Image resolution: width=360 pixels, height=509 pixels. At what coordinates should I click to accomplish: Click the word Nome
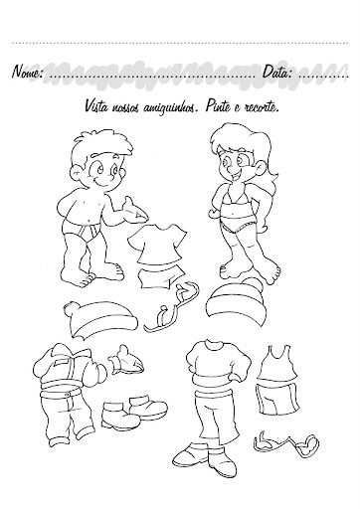point(27,72)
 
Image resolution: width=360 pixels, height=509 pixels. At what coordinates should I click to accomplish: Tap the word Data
point(277,72)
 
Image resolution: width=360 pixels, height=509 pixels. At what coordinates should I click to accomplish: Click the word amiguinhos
point(171,107)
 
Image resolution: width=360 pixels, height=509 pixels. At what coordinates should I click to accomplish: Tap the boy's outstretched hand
point(134,211)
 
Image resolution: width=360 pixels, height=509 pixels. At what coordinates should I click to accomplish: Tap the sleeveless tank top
point(277,365)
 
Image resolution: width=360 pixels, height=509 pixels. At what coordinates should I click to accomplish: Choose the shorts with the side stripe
point(278,399)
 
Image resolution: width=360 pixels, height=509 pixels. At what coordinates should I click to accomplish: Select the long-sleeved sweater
point(218,366)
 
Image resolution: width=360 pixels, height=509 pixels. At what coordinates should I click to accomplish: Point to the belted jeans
point(67,416)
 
